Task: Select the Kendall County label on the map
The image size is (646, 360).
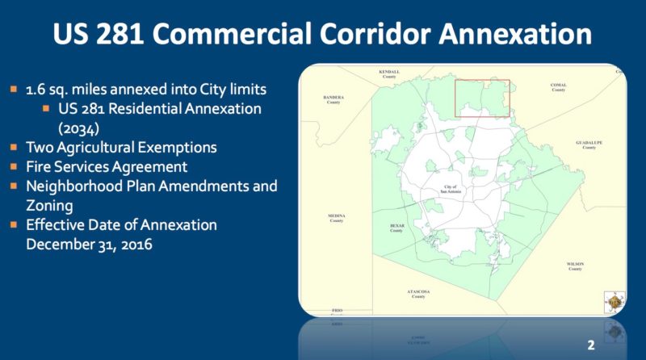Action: (389, 73)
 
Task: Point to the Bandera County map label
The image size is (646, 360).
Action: (333, 100)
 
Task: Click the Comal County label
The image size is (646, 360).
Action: (558, 86)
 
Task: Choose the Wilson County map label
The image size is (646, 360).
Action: (575, 266)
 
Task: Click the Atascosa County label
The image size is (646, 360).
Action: (417, 293)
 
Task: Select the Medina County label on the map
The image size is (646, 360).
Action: (337, 218)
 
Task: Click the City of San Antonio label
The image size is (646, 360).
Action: (457, 189)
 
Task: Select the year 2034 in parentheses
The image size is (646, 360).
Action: (77, 127)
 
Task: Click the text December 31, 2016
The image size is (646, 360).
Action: (90, 243)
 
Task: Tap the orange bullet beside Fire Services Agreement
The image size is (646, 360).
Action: (15, 167)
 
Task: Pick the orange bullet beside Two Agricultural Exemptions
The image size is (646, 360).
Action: (15, 148)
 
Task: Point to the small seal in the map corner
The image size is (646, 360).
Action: (615, 300)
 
